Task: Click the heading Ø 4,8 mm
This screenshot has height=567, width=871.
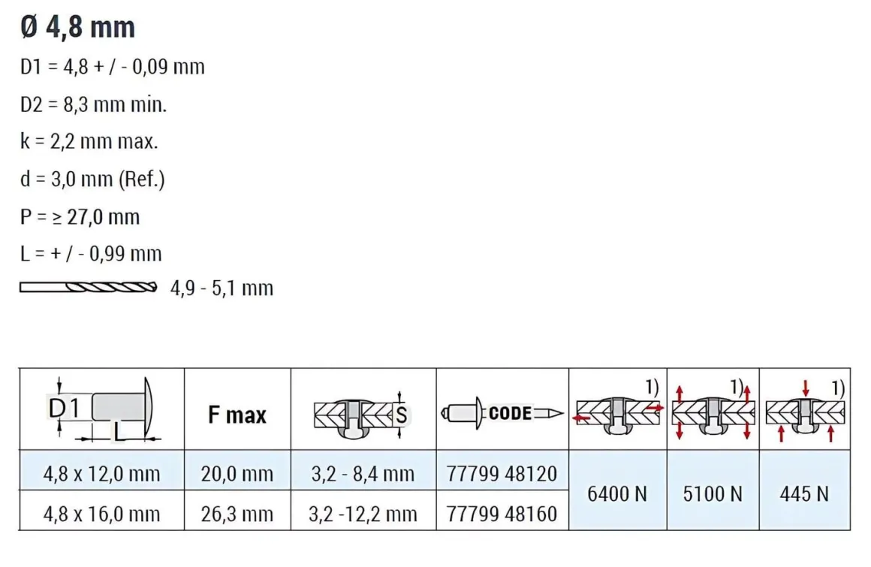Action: pos(77,27)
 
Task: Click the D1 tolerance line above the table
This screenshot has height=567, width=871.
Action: pos(112,67)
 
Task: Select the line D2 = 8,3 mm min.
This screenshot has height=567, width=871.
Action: pos(93,104)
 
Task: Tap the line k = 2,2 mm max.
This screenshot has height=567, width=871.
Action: pos(89,142)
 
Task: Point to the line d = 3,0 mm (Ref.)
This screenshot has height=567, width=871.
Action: pos(92,179)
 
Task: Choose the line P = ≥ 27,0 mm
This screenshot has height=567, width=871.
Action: pos(80,216)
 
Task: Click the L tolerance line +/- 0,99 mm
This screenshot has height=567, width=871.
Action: pos(91,254)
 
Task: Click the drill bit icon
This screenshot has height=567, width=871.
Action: pos(89,287)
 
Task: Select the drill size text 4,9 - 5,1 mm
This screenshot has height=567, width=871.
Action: pos(222,288)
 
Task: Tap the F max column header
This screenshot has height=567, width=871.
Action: pos(237,415)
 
